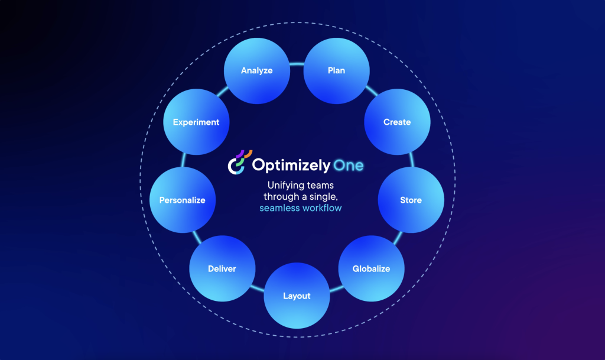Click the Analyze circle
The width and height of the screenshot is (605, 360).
click(257, 71)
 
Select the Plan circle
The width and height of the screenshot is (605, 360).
click(336, 71)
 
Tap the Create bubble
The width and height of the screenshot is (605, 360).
click(397, 122)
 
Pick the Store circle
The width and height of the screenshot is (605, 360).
click(411, 200)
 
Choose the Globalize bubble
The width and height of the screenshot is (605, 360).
click(371, 269)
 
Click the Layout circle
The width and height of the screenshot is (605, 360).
click(297, 296)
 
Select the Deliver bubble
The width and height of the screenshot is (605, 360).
click(222, 269)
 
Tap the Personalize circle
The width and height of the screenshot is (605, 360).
click(183, 200)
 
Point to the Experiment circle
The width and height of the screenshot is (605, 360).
click(196, 122)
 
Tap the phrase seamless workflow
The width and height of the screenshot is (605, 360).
click(301, 208)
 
